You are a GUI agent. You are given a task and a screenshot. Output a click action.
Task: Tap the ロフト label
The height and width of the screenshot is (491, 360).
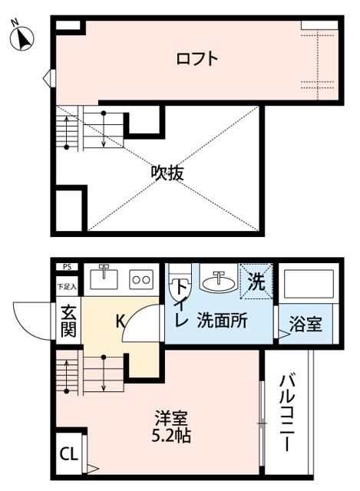197,58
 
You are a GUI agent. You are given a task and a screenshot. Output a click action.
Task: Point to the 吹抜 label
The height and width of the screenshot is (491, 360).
167,173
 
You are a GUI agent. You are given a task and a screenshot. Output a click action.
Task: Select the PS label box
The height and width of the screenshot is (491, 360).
67,268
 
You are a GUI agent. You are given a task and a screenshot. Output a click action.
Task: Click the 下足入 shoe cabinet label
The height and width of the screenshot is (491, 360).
67,287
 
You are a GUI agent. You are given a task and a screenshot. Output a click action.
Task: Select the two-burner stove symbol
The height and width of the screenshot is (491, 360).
140,278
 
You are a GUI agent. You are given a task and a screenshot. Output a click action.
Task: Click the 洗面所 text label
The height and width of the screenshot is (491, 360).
221,321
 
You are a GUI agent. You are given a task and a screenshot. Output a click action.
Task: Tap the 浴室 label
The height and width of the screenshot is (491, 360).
306,325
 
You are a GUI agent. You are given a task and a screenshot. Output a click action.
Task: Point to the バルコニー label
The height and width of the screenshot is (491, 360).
287,411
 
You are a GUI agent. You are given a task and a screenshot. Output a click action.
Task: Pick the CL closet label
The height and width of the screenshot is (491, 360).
68,454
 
